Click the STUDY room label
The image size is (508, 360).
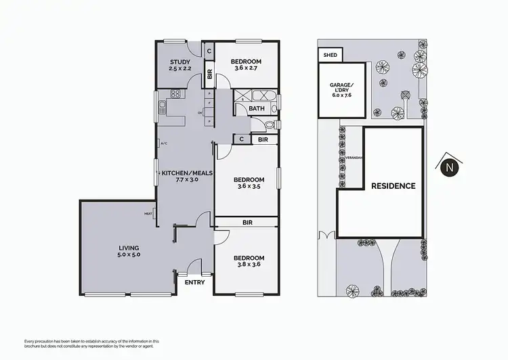[x=179, y=66]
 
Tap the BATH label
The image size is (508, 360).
[x=257, y=108]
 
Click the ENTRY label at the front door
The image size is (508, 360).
[x=194, y=282]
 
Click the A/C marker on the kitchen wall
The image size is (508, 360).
[x=163, y=143]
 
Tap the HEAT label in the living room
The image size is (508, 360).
[x=148, y=215]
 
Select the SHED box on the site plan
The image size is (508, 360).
[x=331, y=55]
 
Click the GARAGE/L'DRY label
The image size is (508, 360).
[x=340, y=90]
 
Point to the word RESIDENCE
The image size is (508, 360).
[x=393, y=185]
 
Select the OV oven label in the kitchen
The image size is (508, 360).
[x=200, y=113]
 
